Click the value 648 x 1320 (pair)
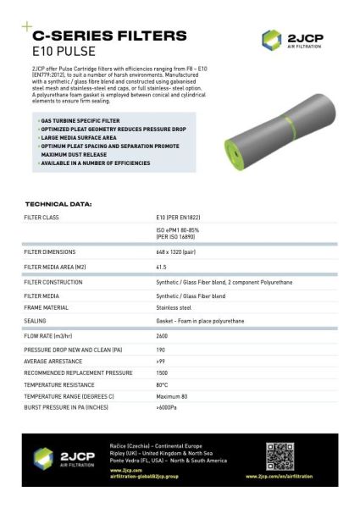(179, 251)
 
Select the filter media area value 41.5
(162, 267)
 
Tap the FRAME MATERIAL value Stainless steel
(174, 308)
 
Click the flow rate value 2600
(163, 336)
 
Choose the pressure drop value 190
(161, 349)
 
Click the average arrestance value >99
(161, 361)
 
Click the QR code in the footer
(280, 456)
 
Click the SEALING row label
(35, 321)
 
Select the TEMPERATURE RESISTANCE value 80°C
(162, 384)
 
